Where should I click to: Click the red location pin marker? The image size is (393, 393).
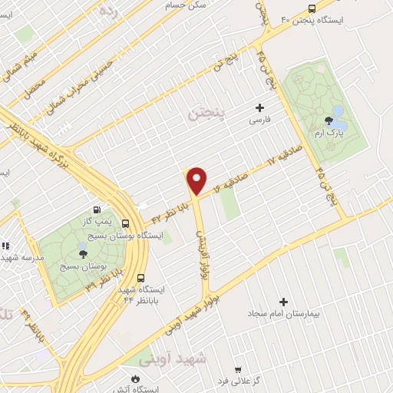[197, 179]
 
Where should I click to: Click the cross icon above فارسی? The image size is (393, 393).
[259, 107]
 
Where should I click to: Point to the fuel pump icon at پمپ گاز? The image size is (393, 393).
[96, 210]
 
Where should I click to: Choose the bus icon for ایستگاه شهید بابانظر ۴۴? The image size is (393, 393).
[140, 279]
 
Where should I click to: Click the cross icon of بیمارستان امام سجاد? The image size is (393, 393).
[283, 302]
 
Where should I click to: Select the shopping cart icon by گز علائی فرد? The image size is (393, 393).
[237, 370]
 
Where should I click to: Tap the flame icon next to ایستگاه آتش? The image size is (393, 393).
[136, 378]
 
